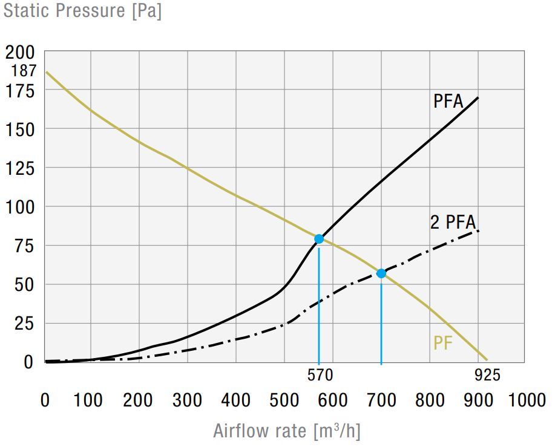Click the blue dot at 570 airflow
pos(319,239)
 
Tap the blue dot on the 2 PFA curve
pos(381,273)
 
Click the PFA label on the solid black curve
pos(448,101)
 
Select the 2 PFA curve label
pos(453,222)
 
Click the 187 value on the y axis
pos(24,71)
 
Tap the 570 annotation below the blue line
pos(320,376)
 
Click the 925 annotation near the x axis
pos(487,376)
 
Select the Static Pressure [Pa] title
pos(82,11)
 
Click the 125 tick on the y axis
pos(21,168)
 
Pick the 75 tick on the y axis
pos(25,246)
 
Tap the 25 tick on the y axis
pos(25,323)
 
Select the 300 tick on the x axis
pos(188,400)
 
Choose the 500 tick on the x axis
pos(284,400)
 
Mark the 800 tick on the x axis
pos(430,400)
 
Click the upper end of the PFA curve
pos(478,98)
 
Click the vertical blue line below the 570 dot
pos(319,302)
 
